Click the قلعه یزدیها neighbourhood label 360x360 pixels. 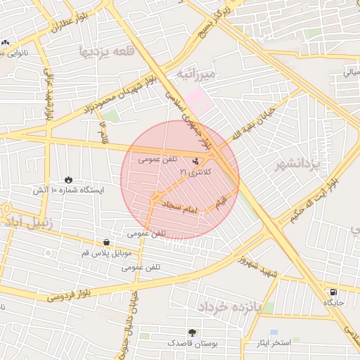coord(106,51)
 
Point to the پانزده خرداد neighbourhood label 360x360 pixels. coord(229,307)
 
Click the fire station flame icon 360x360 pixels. coord(68,179)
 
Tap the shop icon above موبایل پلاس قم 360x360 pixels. coord(106,242)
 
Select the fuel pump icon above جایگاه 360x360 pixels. coord(333,292)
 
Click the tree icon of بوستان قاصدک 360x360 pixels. coord(192,332)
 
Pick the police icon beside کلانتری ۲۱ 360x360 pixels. coord(195,162)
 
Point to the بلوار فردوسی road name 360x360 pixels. coord(71,293)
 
